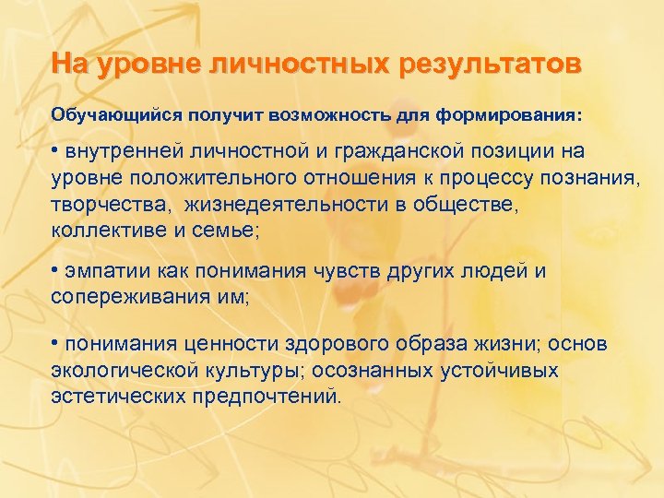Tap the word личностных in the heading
click(x=302, y=65)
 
